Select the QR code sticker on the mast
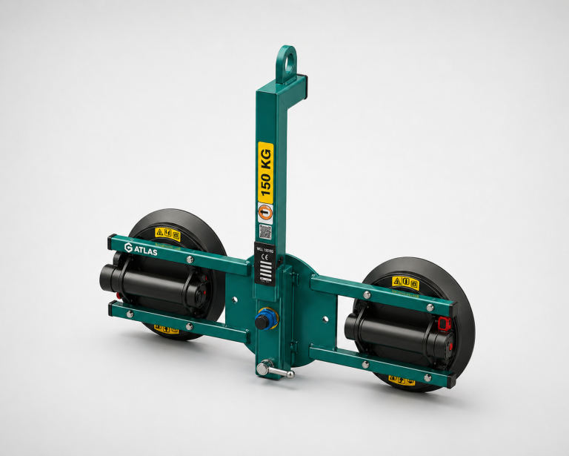pos(265,231)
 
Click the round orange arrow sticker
pos(265,212)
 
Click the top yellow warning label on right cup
pos(405,282)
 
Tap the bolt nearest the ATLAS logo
pos(190,259)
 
